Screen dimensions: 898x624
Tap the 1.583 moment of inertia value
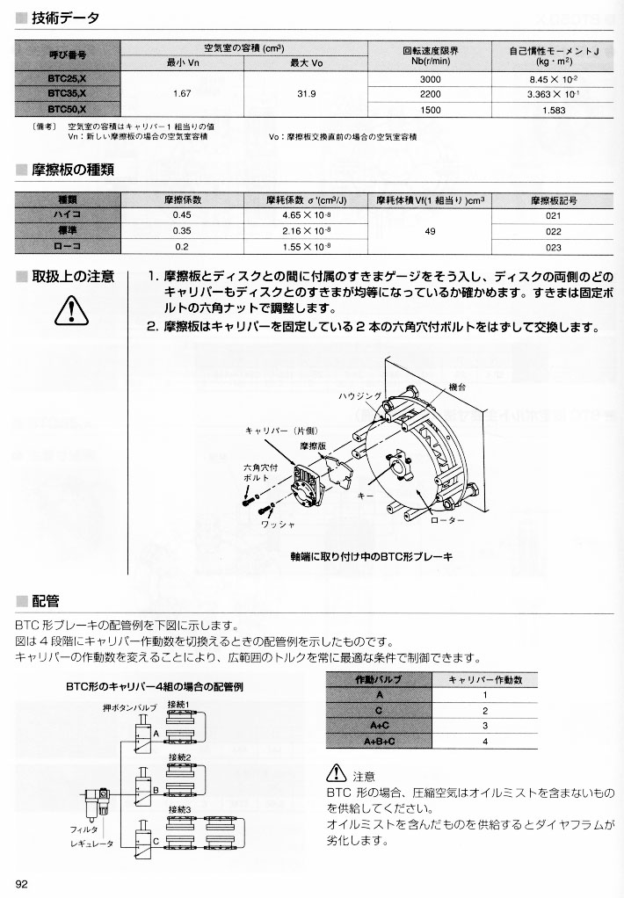554,109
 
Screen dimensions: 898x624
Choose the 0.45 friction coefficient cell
183,214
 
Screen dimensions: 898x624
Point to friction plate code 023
553,248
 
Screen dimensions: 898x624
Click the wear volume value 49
430,231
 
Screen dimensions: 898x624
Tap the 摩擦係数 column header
183,199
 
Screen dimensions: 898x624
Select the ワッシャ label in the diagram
277,525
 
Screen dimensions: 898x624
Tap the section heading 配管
45,602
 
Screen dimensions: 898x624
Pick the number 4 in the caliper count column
484,742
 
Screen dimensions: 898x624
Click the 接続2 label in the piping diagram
179,757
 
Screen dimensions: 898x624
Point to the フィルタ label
84,829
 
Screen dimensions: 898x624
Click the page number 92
23,883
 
